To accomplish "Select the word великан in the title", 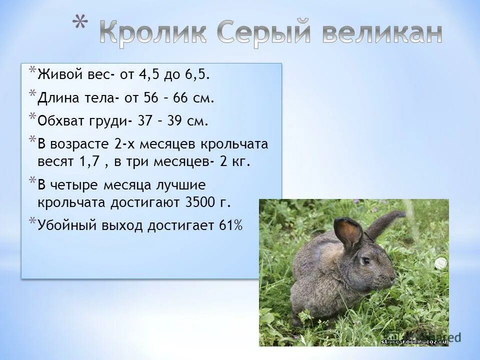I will tap(381, 33).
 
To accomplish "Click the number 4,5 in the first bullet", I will tap(149, 75).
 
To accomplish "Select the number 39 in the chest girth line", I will tap(180, 121).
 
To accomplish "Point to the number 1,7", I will tap(85, 162).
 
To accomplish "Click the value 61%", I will tap(230, 225).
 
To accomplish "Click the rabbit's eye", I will tap(366, 260).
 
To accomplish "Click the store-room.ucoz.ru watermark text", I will tap(413, 341).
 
